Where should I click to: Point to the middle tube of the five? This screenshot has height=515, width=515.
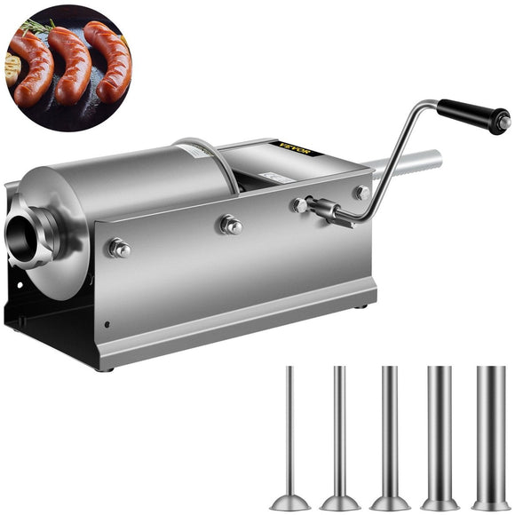388,426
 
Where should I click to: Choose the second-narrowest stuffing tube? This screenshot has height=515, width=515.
338,426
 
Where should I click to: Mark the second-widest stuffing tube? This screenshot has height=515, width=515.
439,426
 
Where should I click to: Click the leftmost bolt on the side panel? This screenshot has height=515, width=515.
119,249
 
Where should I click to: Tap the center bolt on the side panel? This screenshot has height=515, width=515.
230,225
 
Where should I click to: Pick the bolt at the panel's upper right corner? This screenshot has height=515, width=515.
361,193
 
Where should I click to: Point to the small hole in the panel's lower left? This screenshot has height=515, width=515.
106,324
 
